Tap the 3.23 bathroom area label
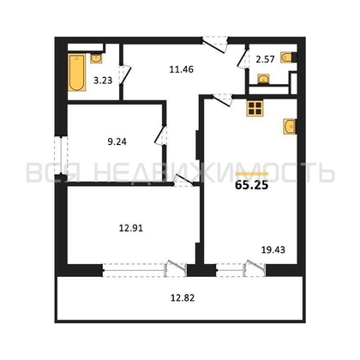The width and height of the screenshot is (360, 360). pyautogui.click(x=102, y=85)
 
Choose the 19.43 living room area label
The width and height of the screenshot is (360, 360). pyautogui.click(x=273, y=250)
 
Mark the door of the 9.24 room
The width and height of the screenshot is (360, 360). pyautogui.click(x=160, y=136)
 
